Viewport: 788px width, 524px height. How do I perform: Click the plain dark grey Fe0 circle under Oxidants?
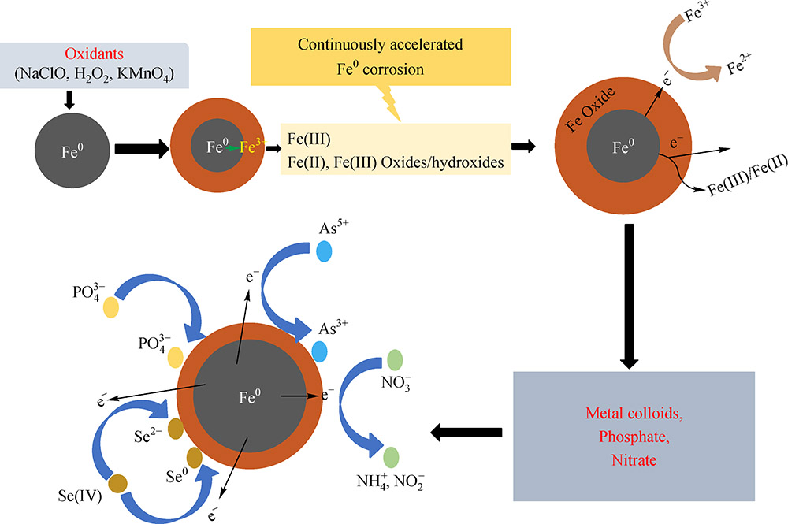[70, 147]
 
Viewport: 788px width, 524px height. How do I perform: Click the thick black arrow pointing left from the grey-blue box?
[466, 432]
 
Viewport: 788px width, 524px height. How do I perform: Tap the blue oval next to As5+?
[324, 251]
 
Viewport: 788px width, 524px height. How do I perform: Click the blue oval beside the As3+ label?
[319, 351]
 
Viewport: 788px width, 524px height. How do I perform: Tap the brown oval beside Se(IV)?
[118, 482]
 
